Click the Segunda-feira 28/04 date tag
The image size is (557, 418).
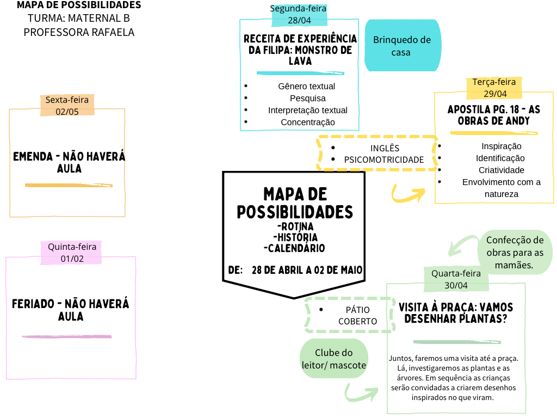coord(299,15)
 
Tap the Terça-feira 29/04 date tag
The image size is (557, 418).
coord(494,88)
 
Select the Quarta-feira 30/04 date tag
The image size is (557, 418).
coord(456,279)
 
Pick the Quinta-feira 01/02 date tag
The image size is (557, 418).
coord(71,253)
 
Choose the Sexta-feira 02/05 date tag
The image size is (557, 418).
coord(67,106)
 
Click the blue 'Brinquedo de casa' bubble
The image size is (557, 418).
coord(403,46)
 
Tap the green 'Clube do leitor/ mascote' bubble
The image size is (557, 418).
coord(334,359)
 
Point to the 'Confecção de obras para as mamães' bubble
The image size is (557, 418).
coord(515,253)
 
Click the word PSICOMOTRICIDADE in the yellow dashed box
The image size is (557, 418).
coord(383,160)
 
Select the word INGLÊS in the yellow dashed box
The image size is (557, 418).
coord(385,148)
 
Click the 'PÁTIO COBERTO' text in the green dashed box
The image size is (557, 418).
coord(357,316)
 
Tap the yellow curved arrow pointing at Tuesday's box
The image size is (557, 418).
coord(408,194)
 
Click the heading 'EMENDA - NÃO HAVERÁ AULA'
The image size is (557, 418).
coord(69,162)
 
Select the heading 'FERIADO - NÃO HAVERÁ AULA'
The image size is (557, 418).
coord(70,310)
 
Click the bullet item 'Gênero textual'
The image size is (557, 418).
coord(306,87)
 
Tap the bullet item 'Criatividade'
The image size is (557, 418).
coord(501,170)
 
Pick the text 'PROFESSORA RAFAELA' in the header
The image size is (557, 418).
coord(79,32)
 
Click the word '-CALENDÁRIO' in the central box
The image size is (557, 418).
coord(294,248)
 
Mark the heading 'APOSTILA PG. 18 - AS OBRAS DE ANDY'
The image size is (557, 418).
coord(494,115)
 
